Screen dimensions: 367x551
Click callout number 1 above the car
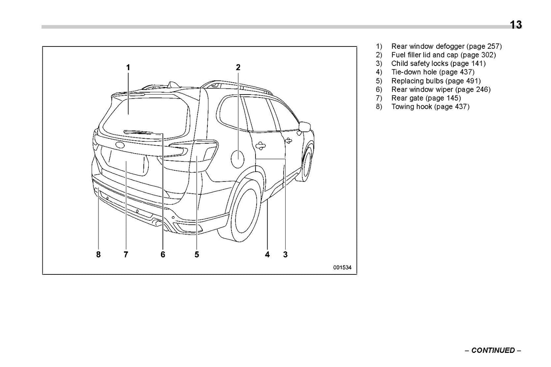click(128, 67)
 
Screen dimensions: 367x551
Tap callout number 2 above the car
click(238, 67)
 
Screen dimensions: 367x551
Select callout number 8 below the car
click(98, 254)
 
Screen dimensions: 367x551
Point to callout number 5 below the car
click(197, 254)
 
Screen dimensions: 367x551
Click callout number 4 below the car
click(267, 254)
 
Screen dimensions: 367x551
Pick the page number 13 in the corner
click(516, 25)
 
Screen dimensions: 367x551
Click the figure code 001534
click(342, 268)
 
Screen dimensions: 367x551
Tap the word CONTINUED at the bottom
click(493, 350)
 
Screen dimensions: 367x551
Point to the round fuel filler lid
click(238, 156)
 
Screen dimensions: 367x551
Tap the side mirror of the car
click(305, 127)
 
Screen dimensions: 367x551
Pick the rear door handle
click(260, 145)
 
